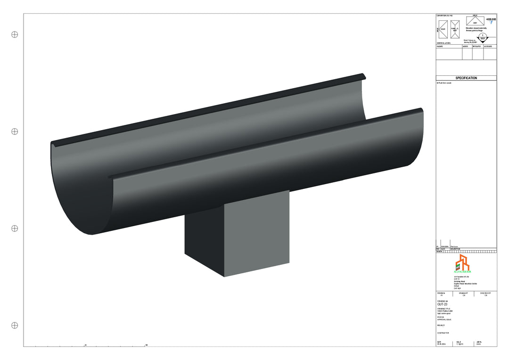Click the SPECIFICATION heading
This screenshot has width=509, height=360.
coord(466,78)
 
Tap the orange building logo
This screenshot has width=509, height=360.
coord(462,262)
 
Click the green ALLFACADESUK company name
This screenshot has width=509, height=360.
coord(462,272)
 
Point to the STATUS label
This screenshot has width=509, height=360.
coord(441,317)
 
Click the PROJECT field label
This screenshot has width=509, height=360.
coord(441,325)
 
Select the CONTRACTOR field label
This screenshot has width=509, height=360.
coord(443,333)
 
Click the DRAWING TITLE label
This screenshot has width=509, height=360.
coord(444,309)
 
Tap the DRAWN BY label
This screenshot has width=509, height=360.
coord(465,293)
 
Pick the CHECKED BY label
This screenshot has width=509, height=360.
coord(485,293)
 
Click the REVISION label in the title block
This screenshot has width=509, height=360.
coord(442,293)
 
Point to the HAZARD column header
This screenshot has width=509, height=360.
coord(440,47)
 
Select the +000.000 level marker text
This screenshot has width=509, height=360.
coord(491,20)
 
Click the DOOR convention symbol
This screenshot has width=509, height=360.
coord(443,29)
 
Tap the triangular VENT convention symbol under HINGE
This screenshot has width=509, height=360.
coord(475,21)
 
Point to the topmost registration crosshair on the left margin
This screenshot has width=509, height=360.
coord(15,34)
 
